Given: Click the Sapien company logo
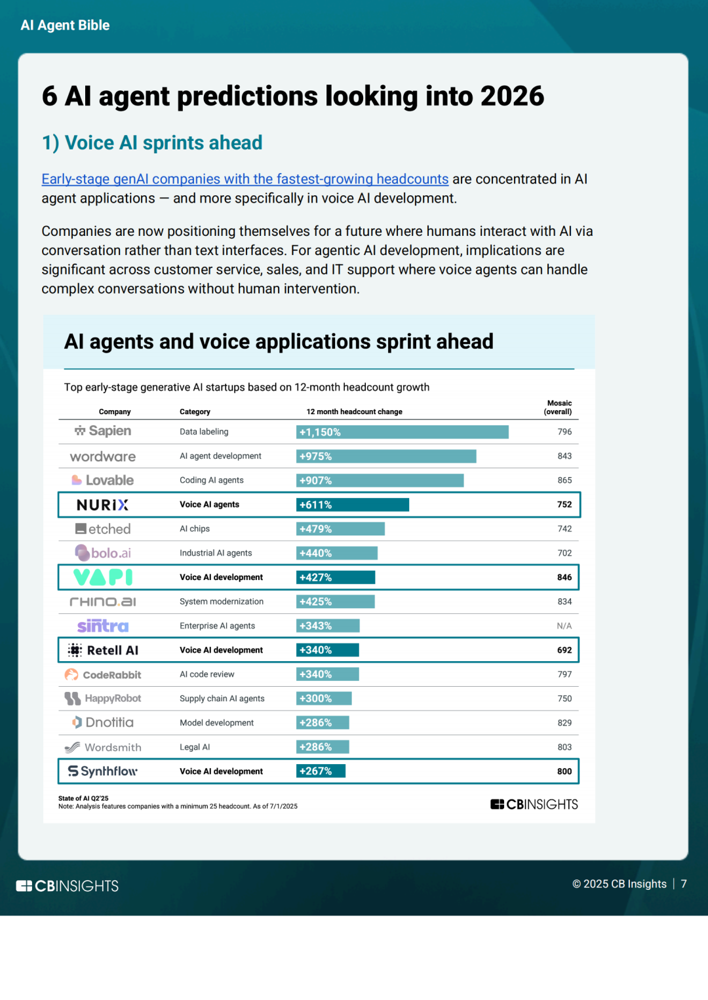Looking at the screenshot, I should coord(103,431).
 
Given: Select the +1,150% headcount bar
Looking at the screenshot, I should coord(402,432).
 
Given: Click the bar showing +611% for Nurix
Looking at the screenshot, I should coord(352,505).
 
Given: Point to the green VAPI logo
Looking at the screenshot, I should coord(103,577).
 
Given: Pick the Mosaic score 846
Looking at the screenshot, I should coord(564,577).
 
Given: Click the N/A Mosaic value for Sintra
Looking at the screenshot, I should coord(564,626).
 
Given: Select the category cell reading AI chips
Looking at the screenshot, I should coord(195,529).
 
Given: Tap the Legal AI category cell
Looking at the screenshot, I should coord(195,747).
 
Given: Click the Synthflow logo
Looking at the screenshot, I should coord(103,771).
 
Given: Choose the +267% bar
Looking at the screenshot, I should coord(321,771).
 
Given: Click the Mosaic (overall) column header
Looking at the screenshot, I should coord(559,408).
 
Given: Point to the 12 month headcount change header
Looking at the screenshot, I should coord(354,412).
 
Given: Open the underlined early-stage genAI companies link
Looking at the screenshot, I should coord(245,179).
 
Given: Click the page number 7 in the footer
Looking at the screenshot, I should coord(684,884).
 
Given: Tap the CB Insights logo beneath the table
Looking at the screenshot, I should coord(534,804).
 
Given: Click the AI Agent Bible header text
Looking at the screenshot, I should coord(65,26).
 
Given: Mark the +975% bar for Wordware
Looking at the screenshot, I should coord(385,456).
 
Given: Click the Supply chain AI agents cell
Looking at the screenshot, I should coord(222,699).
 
